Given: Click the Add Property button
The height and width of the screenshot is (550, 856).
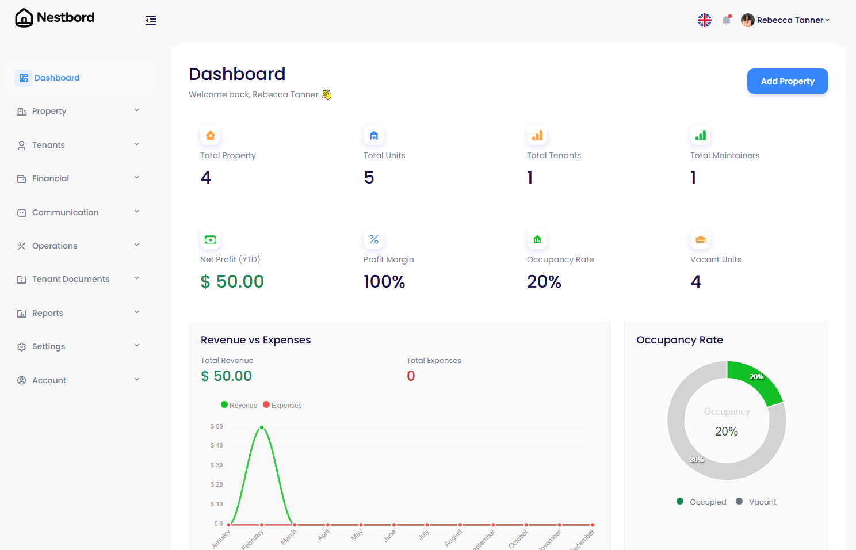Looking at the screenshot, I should coord(787,81).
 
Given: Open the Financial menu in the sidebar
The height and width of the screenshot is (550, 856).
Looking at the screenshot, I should coord(51,178).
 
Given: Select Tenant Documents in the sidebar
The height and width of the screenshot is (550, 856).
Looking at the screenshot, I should coord(71,279).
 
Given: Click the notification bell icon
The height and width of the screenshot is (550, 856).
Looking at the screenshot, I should coord(727,20).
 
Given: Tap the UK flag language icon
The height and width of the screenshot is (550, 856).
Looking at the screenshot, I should coord(705,20).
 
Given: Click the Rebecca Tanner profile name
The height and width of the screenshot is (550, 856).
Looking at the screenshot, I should coord(790,20).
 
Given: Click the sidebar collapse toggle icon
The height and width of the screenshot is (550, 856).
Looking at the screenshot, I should coord(151,21).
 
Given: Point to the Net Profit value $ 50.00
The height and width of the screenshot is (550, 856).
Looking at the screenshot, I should coord(232,281).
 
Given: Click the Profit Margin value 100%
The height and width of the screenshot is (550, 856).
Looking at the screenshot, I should coord(384,281).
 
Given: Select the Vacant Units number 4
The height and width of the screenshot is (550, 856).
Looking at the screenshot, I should coord(695,281).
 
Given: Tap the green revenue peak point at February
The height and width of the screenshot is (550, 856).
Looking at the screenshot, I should coord(262,427).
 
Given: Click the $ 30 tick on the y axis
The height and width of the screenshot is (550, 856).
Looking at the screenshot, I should coord(216,465).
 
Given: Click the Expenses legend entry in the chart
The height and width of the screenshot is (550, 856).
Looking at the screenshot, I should coord(282,405).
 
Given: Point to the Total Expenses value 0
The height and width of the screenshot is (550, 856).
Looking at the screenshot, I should coord(411,376).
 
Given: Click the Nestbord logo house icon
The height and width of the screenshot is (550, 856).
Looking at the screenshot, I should coord(24,18).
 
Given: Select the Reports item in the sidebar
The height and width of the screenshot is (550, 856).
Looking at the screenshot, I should coord(48,313).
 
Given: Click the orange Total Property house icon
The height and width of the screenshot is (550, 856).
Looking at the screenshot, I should coord(211,135).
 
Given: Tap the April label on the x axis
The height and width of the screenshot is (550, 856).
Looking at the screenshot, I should coord(324,534).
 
